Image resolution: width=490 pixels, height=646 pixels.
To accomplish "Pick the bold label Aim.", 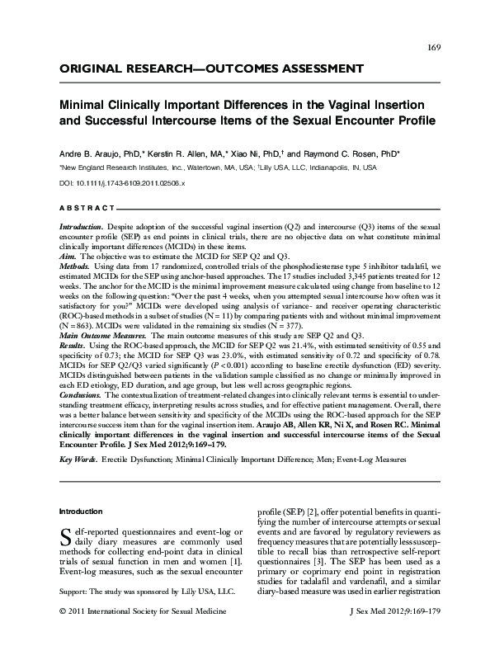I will [x=68, y=257].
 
